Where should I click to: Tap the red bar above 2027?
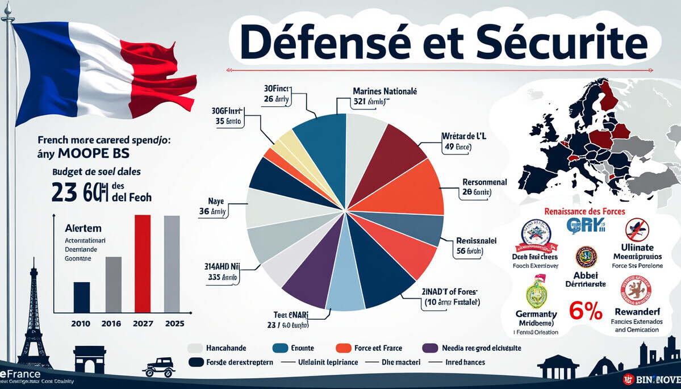(143, 264)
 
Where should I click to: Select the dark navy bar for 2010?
(82, 297)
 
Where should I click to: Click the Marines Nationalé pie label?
(385, 91)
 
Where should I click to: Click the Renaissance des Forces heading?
(584, 211)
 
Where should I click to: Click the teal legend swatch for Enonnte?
(281, 348)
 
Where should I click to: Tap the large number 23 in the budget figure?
(64, 191)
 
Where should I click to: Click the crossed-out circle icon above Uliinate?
(637, 230)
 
